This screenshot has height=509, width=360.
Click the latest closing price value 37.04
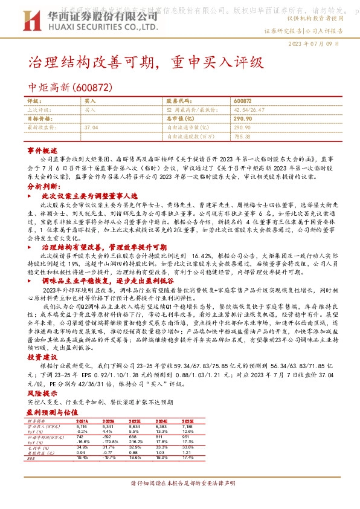coord(91,128)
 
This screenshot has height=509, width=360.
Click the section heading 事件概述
coord(42,149)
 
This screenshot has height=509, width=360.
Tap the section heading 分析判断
coord(42,187)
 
